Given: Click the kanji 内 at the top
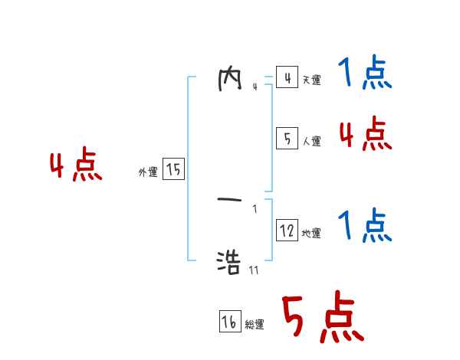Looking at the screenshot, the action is pyautogui.click(x=230, y=80).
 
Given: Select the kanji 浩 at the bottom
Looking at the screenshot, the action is pyautogui.click(x=230, y=262).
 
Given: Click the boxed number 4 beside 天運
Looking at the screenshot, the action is pyautogui.click(x=287, y=78).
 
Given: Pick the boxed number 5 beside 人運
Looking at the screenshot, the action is pyautogui.click(x=287, y=139).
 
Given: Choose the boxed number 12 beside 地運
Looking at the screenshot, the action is pyautogui.click(x=287, y=231).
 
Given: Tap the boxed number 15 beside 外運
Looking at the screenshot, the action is pyautogui.click(x=173, y=169).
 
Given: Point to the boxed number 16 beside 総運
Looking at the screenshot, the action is pyautogui.click(x=229, y=322).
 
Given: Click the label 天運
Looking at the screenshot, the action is pyautogui.click(x=311, y=80).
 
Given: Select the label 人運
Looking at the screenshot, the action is pyautogui.click(x=311, y=141).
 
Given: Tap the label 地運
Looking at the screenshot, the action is pyautogui.click(x=311, y=233).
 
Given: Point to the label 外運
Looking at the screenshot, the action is pyautogui.click(x=148, y=172).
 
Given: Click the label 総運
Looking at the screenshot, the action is pyautogui.click(x=255, y=325).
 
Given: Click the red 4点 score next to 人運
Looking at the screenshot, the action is pyautogui.click(x=365, y=135).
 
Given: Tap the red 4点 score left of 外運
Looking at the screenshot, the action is pyautogui.click(x=76, y=166).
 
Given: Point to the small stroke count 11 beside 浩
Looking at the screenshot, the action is pyautogui.click(x=254, y=270).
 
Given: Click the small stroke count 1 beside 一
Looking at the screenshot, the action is pyautogui.click(x=255, y=208).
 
